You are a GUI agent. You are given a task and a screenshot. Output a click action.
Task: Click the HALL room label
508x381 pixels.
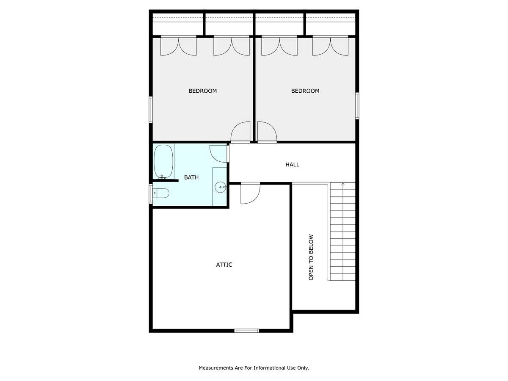pos(292,165)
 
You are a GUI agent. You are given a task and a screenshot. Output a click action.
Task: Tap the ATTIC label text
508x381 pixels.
pos(224,265)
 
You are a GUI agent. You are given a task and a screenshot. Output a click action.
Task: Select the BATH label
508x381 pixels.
pos(191,177)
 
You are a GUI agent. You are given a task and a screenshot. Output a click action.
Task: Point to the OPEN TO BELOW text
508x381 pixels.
pos(311,257)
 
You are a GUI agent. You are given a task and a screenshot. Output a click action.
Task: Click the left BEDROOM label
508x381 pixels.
pos(202,91)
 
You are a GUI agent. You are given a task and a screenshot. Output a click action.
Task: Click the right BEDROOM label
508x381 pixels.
pos(305,91)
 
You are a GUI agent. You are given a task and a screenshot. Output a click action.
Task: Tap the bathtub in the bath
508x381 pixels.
pos(163,161)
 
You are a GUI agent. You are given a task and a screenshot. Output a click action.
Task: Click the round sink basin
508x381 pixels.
pos(220,187)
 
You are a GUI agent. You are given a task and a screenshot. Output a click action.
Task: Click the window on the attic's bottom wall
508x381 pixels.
pos(246,331)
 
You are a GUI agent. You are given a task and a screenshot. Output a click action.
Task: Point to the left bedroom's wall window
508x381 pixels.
pos(151,109)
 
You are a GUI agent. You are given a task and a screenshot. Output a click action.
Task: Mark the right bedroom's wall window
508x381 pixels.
pos(357,106)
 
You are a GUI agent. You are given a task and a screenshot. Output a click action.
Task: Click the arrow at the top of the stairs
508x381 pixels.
pos(343,184)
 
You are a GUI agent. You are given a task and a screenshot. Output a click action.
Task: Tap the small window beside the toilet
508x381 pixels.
pos(151,193)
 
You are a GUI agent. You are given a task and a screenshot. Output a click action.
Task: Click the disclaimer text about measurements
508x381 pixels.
pos(254,368)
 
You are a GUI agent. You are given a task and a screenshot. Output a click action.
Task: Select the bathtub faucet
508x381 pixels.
pos(162,177)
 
